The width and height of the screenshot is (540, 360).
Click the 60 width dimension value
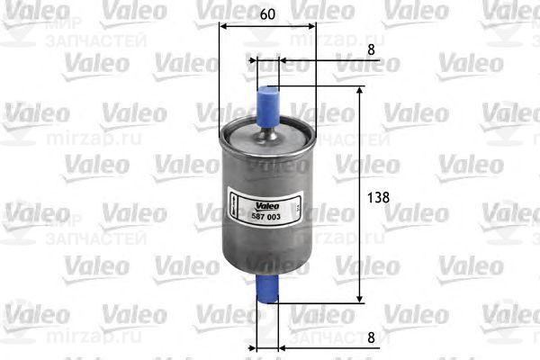click(x=267, y=14)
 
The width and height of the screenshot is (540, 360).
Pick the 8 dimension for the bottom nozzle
click(x=373, y=336)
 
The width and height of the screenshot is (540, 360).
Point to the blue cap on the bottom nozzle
click(x=267, y=289)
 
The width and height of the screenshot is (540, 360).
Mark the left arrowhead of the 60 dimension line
click(x=225, y=27)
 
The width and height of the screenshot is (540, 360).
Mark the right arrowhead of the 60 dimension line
click(x=310, y=27)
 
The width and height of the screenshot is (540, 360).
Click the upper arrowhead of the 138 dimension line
click(x=361, y=92)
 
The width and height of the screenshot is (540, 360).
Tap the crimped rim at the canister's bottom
click(x=267, y=268)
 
